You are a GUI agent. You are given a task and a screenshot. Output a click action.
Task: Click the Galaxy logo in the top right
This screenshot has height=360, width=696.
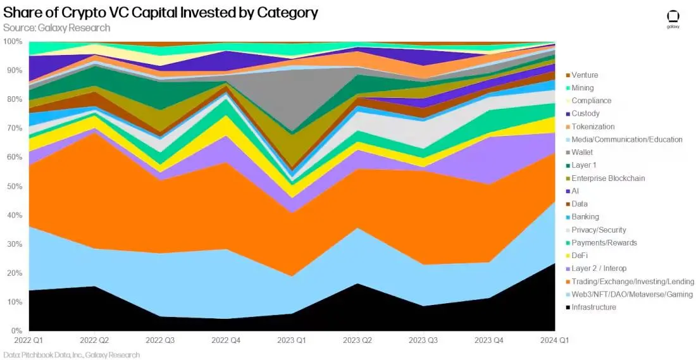pyautogui.click(x=673, y=18)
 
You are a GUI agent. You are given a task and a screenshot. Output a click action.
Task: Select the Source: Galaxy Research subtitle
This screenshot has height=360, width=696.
pyautogui.click(x=57, y=28)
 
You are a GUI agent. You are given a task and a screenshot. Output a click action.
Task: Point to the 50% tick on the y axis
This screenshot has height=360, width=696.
pyautogui.click(x=13, y=187)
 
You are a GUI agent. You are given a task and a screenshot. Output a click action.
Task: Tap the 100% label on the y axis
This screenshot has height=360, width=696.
pyautogui.click(x=13, y=42)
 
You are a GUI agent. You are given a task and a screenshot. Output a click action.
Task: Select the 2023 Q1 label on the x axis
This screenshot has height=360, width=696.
pyautogui.click(x=292, y=340)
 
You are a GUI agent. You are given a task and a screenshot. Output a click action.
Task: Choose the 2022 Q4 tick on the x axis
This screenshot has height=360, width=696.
pyautogui.click(x=226, y=340)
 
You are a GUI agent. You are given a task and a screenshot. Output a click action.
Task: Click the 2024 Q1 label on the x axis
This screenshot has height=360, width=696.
pyautogui.click(x=554, y=340)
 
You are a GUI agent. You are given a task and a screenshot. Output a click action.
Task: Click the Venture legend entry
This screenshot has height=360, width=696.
pyautogui.click(x=584, y=75)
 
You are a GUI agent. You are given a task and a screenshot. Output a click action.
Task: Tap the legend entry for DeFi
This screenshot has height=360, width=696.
pyautogui.click(x=580, y=256)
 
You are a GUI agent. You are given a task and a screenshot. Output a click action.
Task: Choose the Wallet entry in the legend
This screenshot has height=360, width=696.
pyautogui.click(x=582, y=152)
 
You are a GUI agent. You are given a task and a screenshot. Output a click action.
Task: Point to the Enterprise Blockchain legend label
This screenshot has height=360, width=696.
pyautogui.click(x=608, y=178)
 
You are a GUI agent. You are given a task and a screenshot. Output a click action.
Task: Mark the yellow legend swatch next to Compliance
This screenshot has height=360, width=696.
pyautogui.click(x=568, y=101)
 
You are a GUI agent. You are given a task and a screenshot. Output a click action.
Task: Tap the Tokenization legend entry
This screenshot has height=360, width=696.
pyautogui.click(x=593, y=127)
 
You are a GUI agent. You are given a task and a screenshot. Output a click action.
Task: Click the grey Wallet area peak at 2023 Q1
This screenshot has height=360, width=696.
pyautogui.click(x=292, y=95)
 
